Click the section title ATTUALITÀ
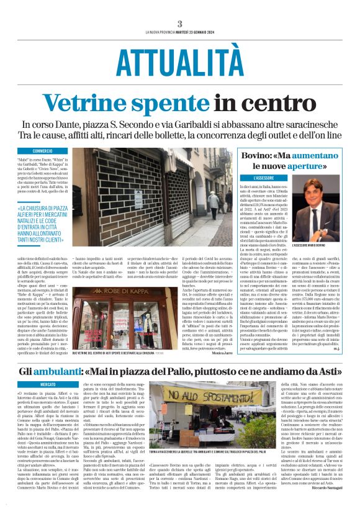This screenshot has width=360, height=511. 179,61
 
